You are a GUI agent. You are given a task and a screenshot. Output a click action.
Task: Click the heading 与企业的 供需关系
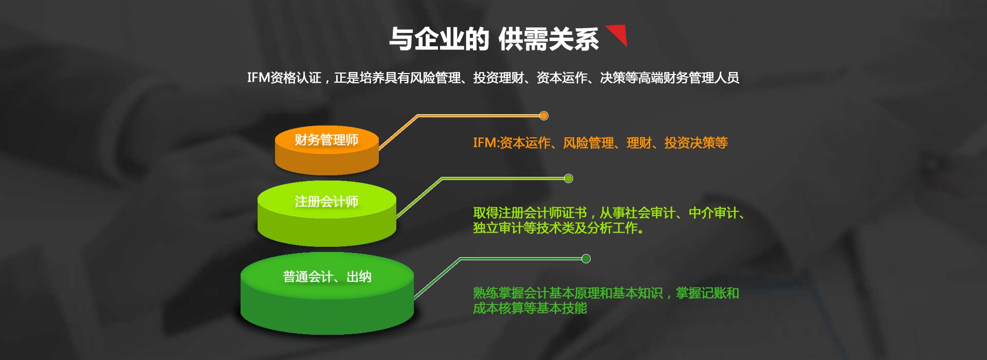(x=494, y=39)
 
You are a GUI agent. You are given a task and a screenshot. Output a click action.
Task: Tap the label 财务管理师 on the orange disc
(x=326, y=140)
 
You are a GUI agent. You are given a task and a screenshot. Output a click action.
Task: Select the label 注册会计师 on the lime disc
(x=326, y=202)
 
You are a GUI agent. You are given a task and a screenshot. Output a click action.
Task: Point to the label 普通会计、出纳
(x=327, y=277)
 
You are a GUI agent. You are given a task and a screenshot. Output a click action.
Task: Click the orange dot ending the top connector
(x=544, y=116)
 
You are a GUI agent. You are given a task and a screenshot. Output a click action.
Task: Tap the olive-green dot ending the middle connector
(x=569, y=178)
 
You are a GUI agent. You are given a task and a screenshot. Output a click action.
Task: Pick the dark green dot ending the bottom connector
(x=586, y=259)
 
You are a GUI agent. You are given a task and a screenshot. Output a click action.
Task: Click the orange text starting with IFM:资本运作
(x=600, y=143)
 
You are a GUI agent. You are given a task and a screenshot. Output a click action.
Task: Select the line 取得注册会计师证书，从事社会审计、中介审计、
(x=609, y=213)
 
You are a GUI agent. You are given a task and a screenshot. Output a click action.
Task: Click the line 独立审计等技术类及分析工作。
(x=559, y=228)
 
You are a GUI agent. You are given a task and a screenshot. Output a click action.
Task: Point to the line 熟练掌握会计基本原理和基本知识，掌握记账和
(x=606, y=293)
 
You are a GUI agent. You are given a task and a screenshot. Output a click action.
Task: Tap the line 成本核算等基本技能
(x=530, y=308)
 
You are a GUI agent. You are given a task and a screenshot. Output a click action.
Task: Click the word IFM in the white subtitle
(x=259, y=78)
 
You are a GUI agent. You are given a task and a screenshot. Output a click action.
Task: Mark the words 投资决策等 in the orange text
(x=696, y=143)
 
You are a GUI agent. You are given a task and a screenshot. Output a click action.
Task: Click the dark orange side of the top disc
(x=327, y=162)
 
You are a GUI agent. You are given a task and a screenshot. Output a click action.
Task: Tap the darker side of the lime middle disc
(x=327, y=231)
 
